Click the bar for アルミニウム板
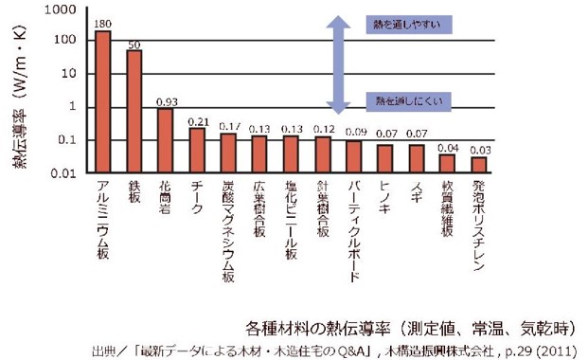[x=102, y=102]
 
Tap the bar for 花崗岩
[x=166, y=140]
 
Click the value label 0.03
[x=481, y=149]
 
